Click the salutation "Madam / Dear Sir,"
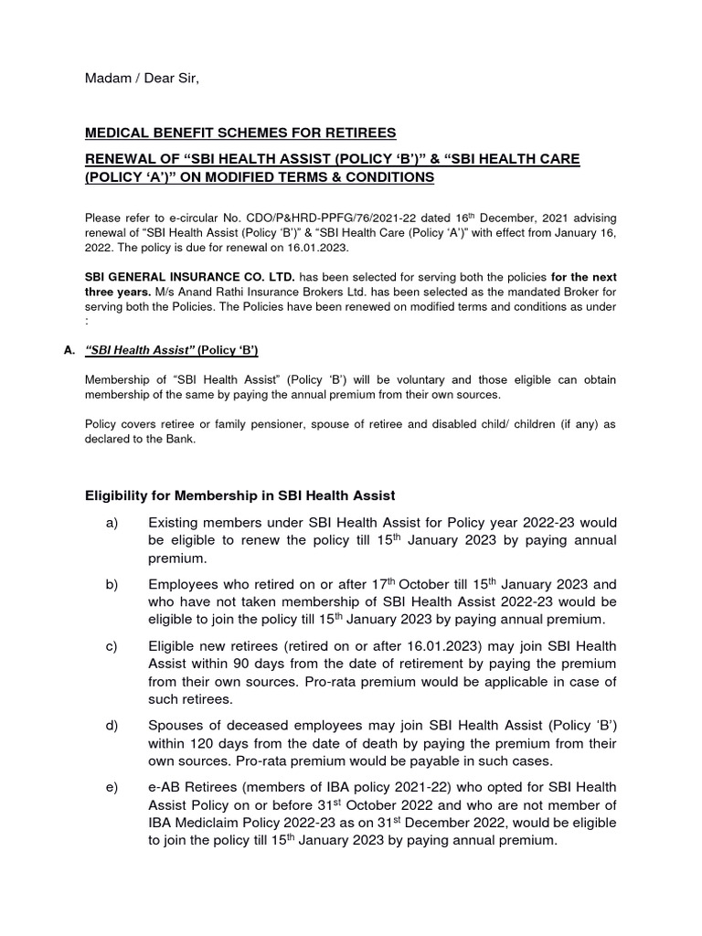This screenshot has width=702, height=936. pyautogui.click(x=141, y=80)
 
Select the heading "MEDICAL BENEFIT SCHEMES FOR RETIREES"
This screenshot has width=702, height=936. pyautogui.click(x=240, y=133)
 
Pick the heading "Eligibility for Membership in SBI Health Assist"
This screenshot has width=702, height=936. pyautogui.click(x=240, y=495)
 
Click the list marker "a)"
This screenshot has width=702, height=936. pyautogui.click(x=112, y=523)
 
